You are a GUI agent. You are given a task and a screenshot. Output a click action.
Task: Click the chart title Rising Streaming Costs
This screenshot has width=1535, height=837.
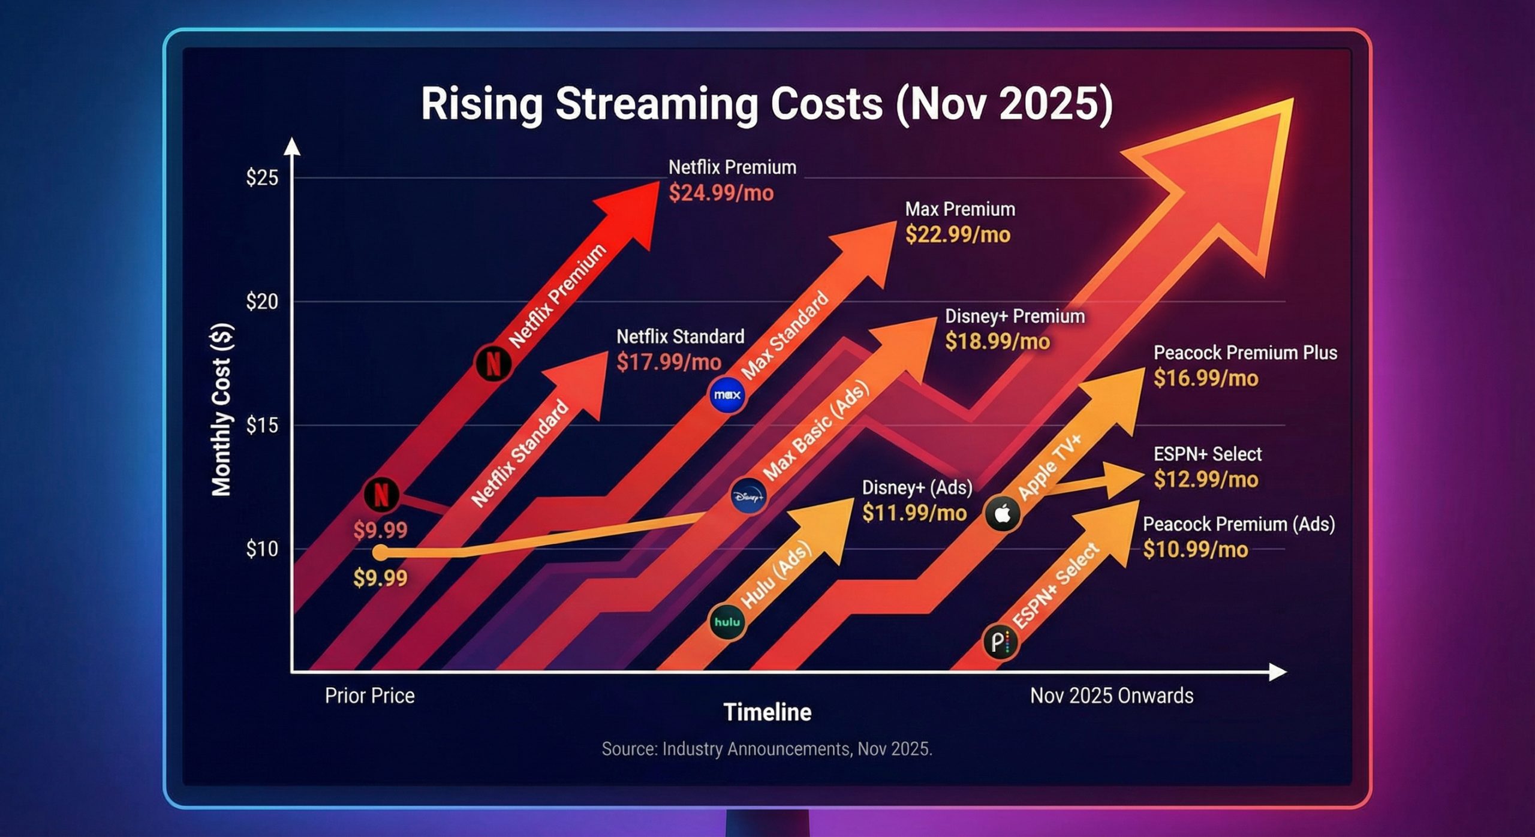766,104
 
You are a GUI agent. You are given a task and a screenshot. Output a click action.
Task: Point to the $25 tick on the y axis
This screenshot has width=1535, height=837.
262,178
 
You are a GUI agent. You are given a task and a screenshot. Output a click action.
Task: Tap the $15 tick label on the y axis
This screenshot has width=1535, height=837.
262,426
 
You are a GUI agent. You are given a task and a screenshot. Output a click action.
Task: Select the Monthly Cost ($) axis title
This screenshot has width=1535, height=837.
222,410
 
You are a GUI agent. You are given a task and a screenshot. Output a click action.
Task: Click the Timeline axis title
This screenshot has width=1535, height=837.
767,712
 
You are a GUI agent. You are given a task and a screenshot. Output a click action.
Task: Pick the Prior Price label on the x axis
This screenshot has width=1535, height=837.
369,696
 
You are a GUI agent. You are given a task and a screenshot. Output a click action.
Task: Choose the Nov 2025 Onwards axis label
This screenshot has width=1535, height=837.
1111,696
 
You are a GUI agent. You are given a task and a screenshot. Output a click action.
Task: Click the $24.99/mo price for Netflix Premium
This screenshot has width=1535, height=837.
721,193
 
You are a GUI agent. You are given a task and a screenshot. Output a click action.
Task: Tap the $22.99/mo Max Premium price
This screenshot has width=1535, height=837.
958,234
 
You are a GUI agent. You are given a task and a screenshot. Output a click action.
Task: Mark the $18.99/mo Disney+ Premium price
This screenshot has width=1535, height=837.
997,342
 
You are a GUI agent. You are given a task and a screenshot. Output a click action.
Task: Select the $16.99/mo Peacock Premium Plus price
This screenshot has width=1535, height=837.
1205,378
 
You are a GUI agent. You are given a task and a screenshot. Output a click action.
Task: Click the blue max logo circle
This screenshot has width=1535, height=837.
727,395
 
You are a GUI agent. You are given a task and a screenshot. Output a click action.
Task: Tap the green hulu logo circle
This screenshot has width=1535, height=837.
727,622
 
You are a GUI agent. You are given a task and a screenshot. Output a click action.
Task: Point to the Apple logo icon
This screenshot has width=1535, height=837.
1003,514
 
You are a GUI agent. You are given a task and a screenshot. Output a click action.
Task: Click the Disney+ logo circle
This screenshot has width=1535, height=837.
748,496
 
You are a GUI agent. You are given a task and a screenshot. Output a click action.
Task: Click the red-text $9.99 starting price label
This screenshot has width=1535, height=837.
380,530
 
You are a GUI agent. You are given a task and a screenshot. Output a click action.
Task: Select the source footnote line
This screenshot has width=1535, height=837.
766,749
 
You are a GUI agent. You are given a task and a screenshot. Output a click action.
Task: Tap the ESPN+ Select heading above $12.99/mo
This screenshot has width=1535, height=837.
1207,454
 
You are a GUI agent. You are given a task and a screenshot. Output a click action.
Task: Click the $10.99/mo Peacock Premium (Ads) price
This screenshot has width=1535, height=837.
1195,550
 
